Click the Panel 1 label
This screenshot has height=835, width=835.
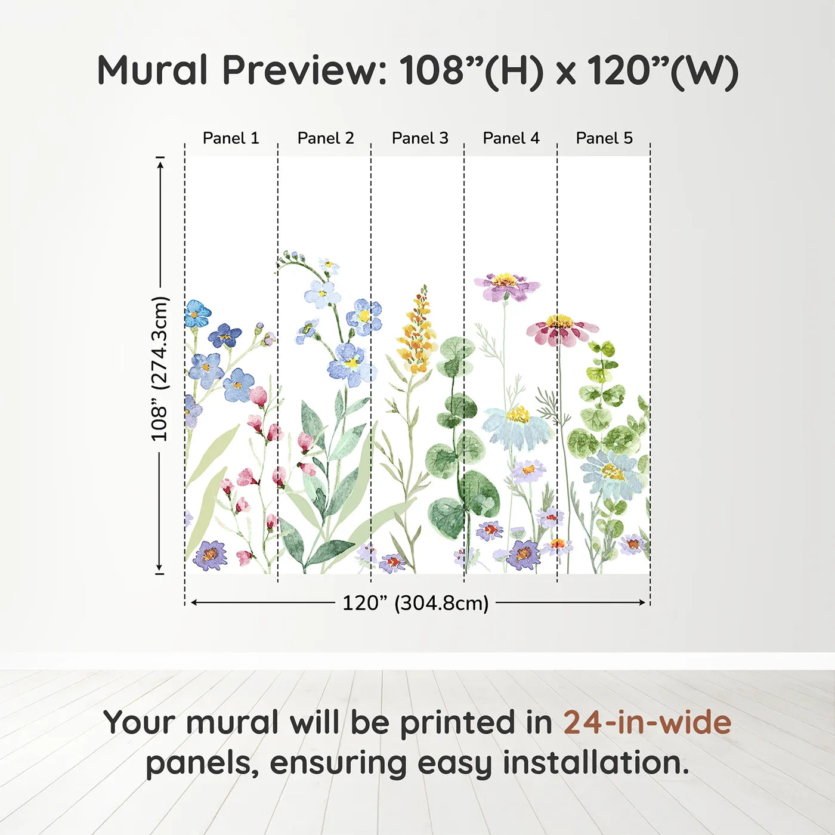pyautogui.click(x=231, y=138)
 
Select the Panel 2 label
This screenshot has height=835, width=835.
pyautogui.click(x=326, y=138)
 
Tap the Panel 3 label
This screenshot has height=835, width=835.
pyautogui.click(x=420, y=138)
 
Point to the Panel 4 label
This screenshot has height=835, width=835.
pyautogui.click(x=511, y=138)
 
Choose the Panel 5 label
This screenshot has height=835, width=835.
pyautogui.click(x=604, y=138)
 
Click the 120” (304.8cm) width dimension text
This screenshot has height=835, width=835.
pyautogui.click(x=415, y=603)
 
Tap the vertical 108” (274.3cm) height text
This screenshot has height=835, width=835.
pyautogui.click(x=160, y=369)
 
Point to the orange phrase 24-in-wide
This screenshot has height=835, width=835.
pyautogui.click(x=647, y=723)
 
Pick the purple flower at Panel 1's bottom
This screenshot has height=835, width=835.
pyautogui.click(x=209, y=555)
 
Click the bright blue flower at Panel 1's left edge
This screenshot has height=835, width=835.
pyautogui.click(x=196, y=313)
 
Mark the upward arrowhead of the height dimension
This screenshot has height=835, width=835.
pyautogui.click(x=160, y=163)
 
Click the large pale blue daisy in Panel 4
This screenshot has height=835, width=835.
pyautogui.click(x=517, y=426)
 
